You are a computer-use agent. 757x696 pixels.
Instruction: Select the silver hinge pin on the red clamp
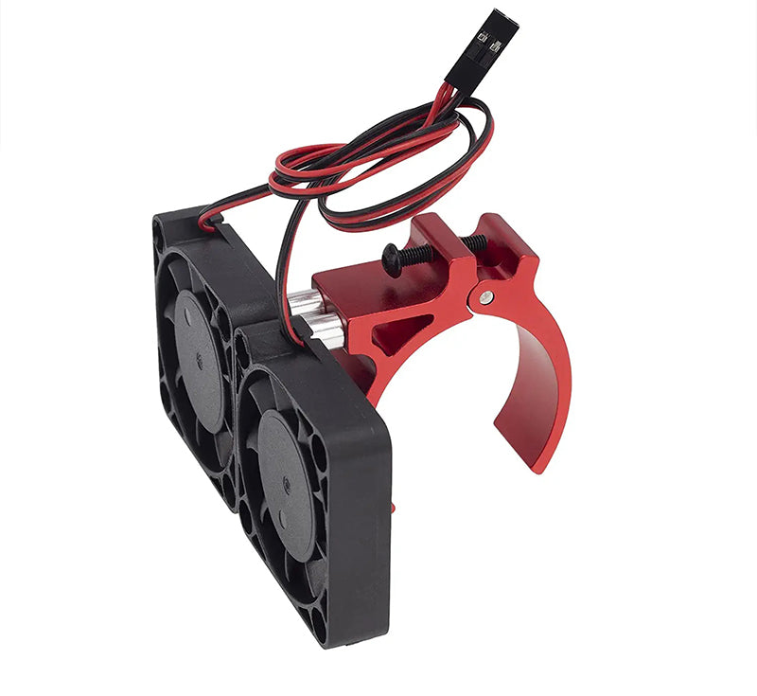click(x=485, y=297)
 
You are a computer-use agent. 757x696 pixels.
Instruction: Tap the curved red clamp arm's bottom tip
click(x=536, y=464)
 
